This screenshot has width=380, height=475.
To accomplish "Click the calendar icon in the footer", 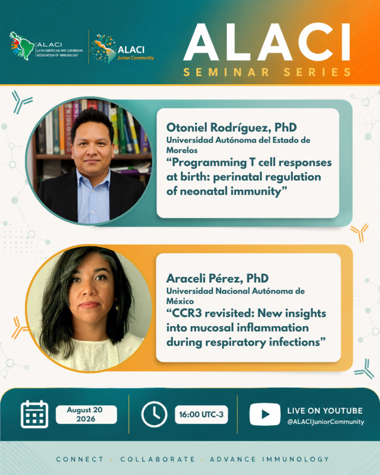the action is tap(34, 414).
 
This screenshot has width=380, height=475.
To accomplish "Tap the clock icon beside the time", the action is tap(154, 414).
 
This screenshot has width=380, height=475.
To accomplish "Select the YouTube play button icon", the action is tap(265, 414).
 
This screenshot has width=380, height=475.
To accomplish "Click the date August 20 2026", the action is tap(85, 414).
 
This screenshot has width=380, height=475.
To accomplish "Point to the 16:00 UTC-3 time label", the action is tap(201, 414).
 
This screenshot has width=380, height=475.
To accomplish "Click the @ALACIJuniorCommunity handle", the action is tap(325, 422).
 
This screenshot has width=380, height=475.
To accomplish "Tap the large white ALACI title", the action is tap(267, 42).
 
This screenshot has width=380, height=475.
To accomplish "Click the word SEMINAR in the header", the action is tap(226, 72).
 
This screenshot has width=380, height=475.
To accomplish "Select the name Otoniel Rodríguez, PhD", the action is tap(232, 128).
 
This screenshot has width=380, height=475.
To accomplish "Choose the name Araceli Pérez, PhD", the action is tap(217, 278).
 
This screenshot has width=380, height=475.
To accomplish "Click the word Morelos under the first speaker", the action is tap(182, 150).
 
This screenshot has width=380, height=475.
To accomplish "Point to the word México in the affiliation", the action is tap(180, 301).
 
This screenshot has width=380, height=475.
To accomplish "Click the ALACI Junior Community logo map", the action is tap(103, 48).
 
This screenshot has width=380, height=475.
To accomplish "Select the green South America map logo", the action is tap(22, 45).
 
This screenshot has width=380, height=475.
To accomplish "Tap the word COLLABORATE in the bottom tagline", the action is tap(158, 459).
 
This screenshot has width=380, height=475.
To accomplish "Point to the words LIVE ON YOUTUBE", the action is tap(325, 411).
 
